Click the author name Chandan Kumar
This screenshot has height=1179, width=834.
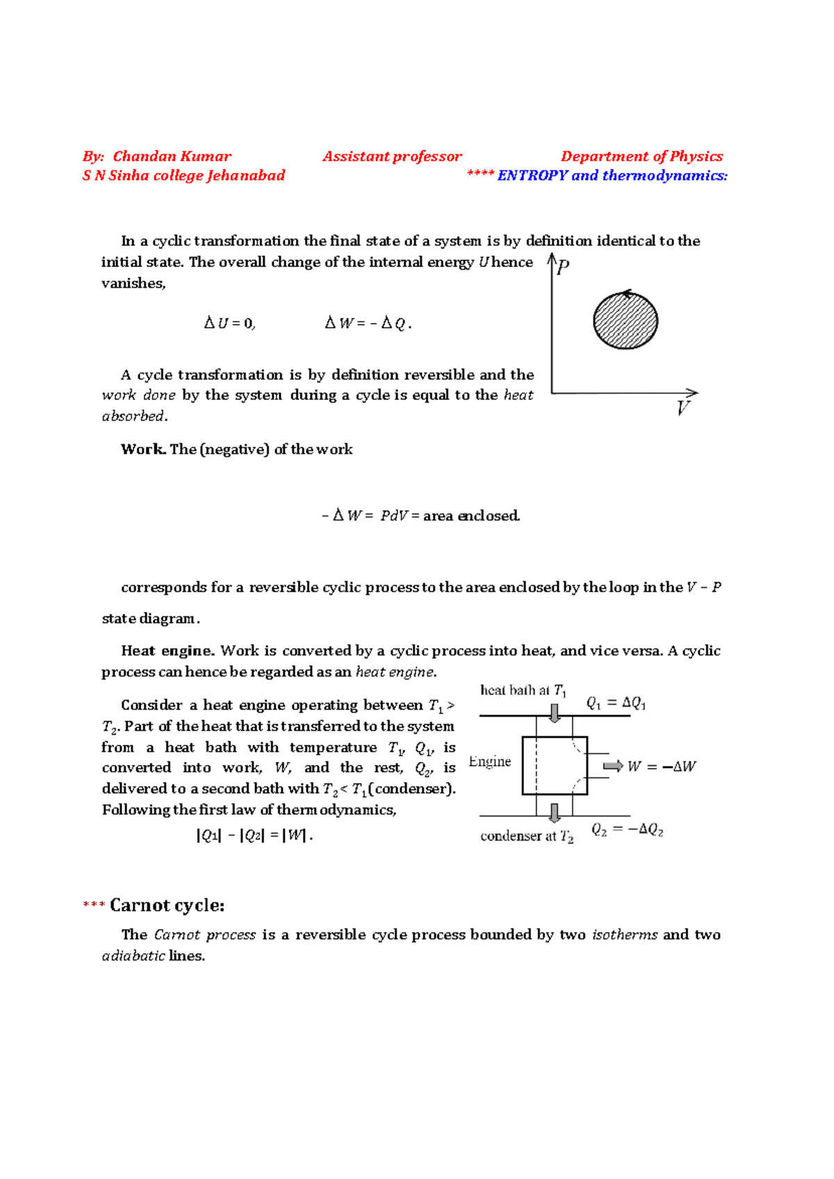click(x=172, y=156)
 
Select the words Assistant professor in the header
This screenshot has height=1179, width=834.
click(x=392, y=156)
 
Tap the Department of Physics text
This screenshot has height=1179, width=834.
click(x=641, y=156)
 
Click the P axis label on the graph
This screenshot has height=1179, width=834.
click(x=563, y=267)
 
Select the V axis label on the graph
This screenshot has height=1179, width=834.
click(x=683, y=409)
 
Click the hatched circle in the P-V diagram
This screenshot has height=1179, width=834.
click(x=625, y=321)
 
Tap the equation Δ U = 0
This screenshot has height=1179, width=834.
click(x=229, y=323)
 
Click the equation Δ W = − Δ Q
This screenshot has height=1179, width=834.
click(x=368, y=323)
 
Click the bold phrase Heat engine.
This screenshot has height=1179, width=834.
click(x=167, y=651)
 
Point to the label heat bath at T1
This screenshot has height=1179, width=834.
click(x=523, y=691)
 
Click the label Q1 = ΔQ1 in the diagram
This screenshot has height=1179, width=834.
click(x=616, y=704)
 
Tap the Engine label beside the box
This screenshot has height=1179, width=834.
click(x=490, y=761)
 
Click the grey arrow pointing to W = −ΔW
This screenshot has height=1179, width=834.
click(x=612, y=766)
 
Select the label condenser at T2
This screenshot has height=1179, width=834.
click(x=527, y=836)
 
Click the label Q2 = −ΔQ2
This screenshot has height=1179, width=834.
click(x=627, y=830)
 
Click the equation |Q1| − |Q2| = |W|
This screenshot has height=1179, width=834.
click(x=254, y=836)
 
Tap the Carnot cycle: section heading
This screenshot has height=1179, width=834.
click(x=167, y=905)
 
